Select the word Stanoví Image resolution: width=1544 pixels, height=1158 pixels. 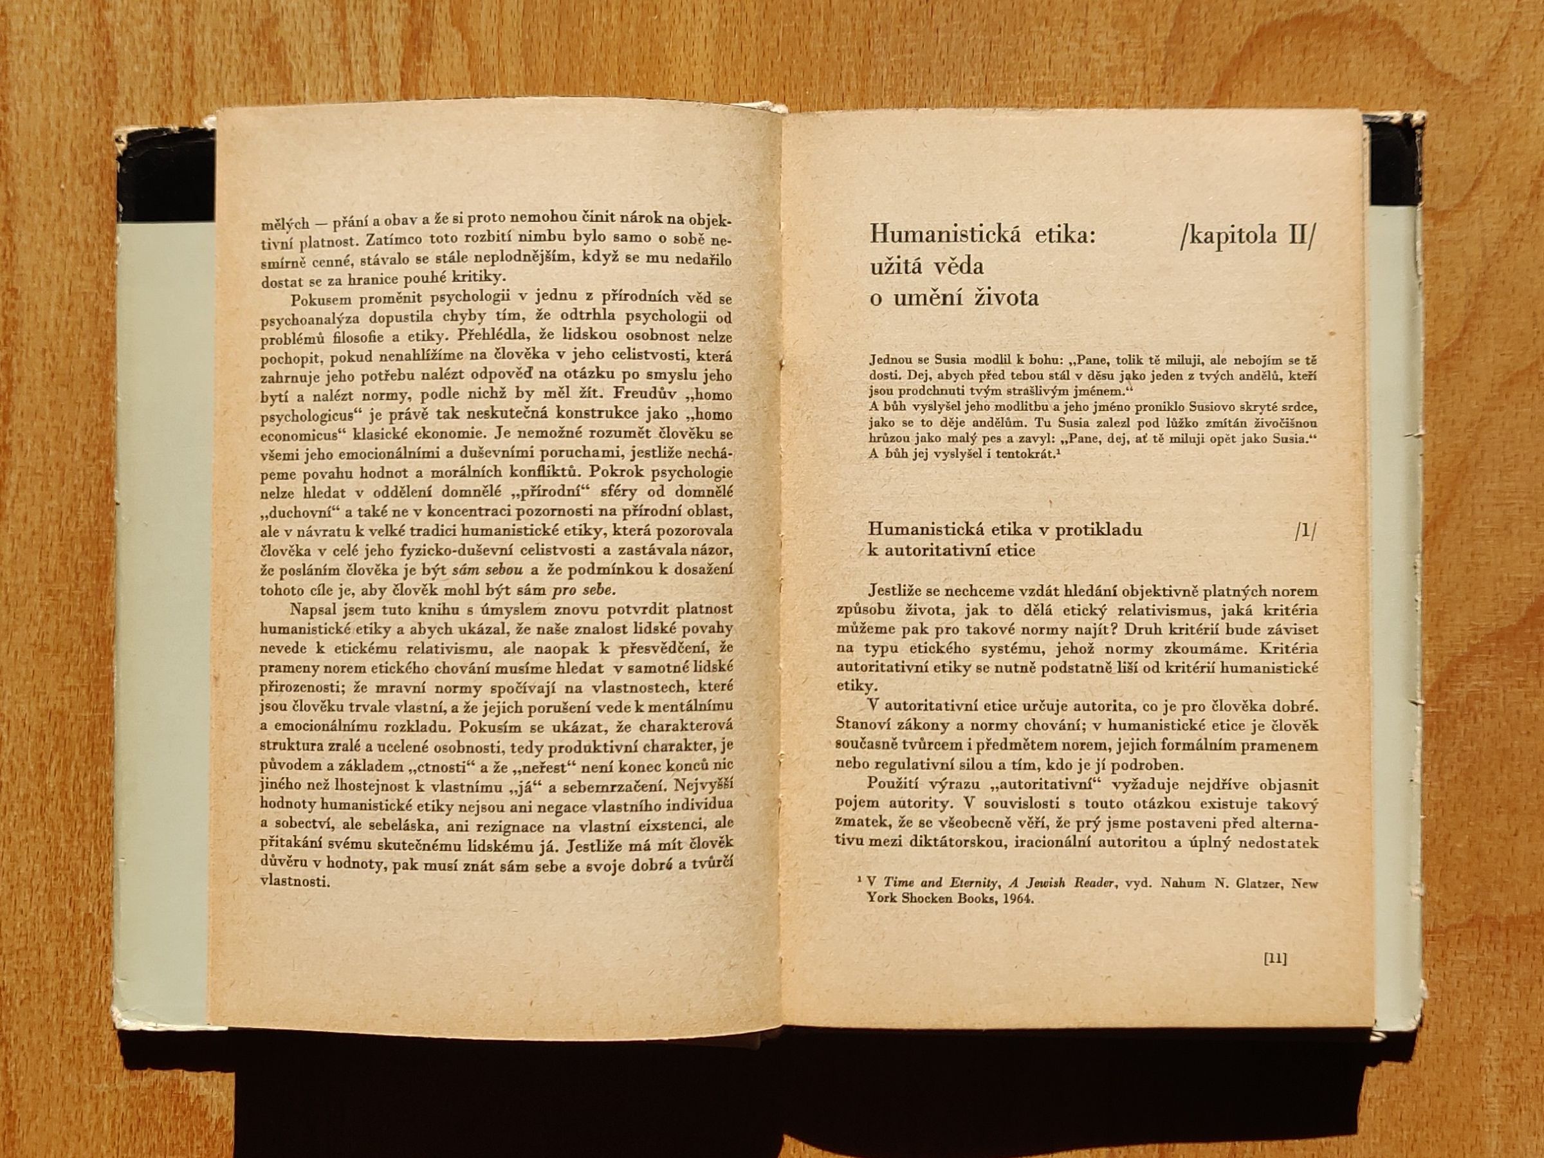coord(864,722)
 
